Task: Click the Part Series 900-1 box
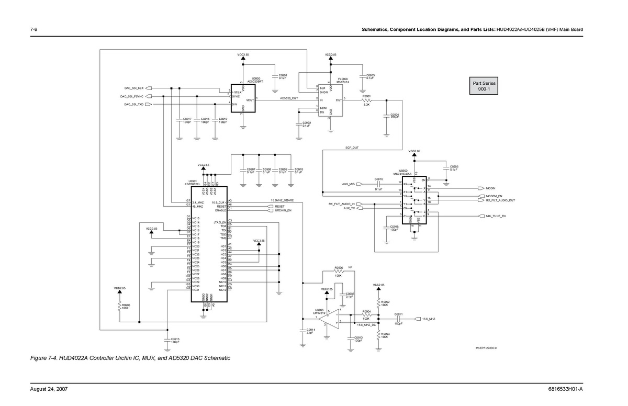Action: [x=484, y=86]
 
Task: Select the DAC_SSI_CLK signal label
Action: [x=133, y=88]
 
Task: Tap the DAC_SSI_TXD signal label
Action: [x=133, y=105]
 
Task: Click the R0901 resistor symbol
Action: [x=367, y=100]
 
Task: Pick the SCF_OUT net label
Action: [x=352, y=148]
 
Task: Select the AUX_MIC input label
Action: [x=349, y=184]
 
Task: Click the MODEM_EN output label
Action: [x=494, y=196]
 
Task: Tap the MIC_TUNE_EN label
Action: [x=496, y=216]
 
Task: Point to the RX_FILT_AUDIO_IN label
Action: [x=342, y=204]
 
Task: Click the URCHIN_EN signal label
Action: [x=283, y=210]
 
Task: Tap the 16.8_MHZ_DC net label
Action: [x=367, y=325]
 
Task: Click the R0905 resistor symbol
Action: [x=120, y=306]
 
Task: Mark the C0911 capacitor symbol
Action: [x=399, y=318]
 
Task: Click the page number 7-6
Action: [x=33, y=29]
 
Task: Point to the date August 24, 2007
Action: [x=49, y=389]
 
